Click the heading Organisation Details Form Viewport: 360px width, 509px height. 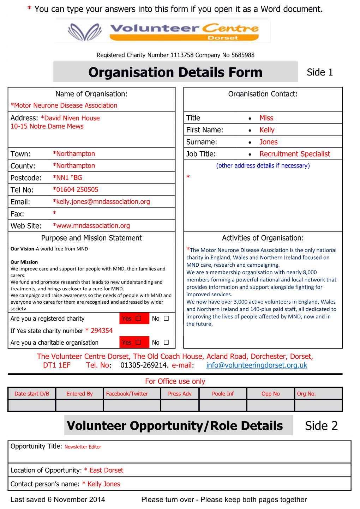175,72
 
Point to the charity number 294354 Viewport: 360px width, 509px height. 102,331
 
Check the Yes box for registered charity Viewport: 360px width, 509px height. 138,319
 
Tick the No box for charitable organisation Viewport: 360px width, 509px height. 166,343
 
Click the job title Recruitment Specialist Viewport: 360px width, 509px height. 295,154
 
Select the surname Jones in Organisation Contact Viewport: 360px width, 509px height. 269,142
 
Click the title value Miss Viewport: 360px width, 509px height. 266,118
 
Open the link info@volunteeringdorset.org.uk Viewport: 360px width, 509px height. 257,365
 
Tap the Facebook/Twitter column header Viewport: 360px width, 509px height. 127,394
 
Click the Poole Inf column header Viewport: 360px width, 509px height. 223,394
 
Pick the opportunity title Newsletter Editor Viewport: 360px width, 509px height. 83,447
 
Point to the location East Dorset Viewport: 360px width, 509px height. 106,471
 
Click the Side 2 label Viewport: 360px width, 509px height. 321,426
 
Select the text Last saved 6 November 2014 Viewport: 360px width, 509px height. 58,500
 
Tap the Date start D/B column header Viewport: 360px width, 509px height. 32,394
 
